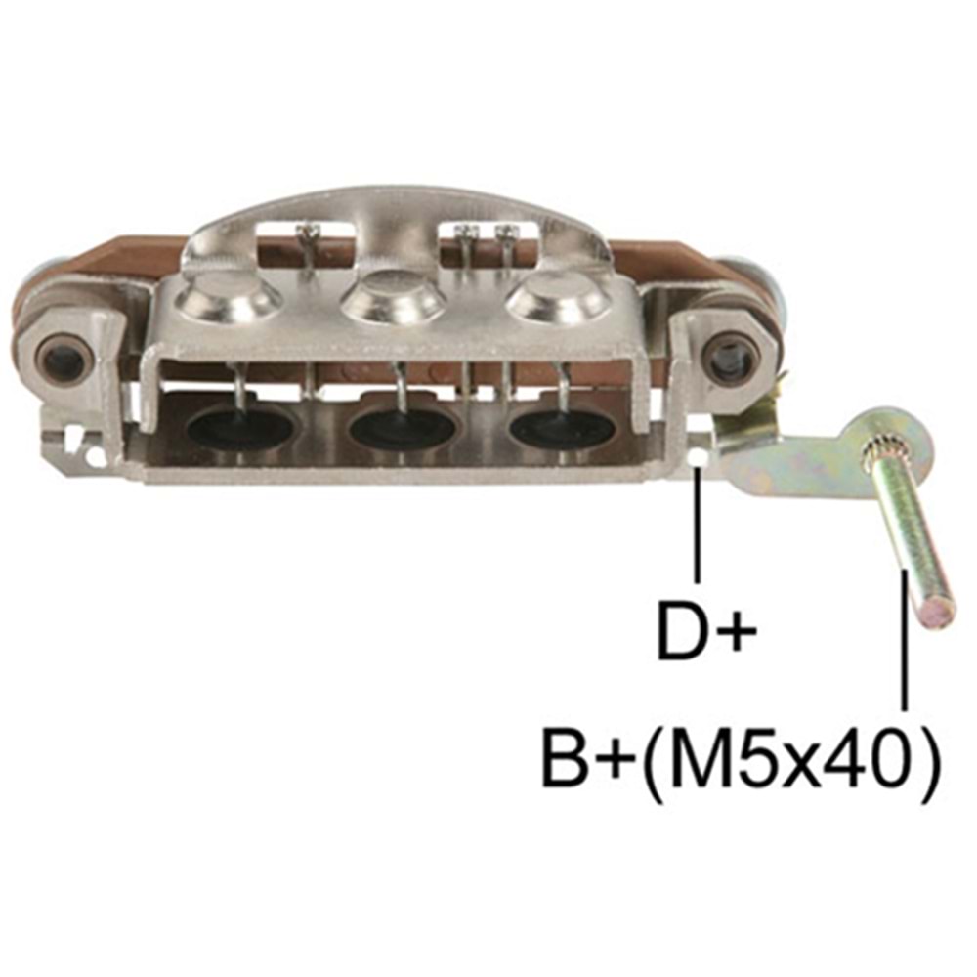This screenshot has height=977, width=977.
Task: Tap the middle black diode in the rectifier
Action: point(404,426)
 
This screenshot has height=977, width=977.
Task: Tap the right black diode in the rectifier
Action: point(561,424)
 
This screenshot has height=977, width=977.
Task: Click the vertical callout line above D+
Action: point(698,528)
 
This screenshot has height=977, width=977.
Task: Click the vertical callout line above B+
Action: point(906,645)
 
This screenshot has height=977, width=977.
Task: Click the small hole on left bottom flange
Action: point(93,455)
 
